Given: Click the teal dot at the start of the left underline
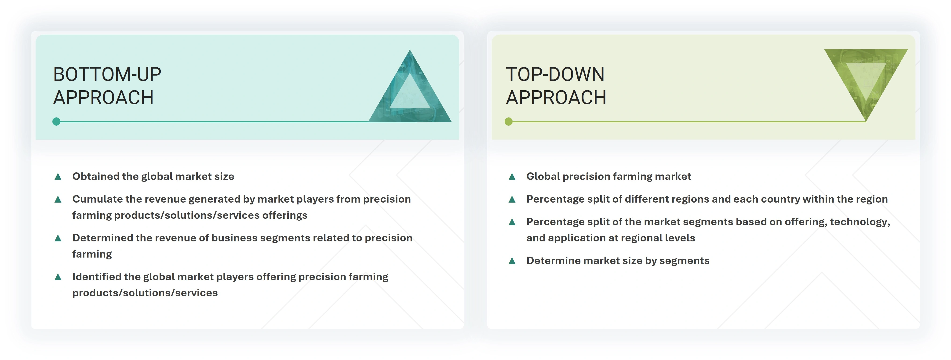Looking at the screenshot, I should (x=56, y=121).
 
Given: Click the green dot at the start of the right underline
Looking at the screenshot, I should (x=509, y=121).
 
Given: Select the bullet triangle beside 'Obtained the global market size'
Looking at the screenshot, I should (x=58, y=177).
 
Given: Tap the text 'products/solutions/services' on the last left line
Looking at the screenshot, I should (x=145, y=293).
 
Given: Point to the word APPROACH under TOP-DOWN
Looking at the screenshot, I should (x=556, y=98).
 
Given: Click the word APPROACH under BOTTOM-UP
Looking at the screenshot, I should (x=103, y=98).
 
